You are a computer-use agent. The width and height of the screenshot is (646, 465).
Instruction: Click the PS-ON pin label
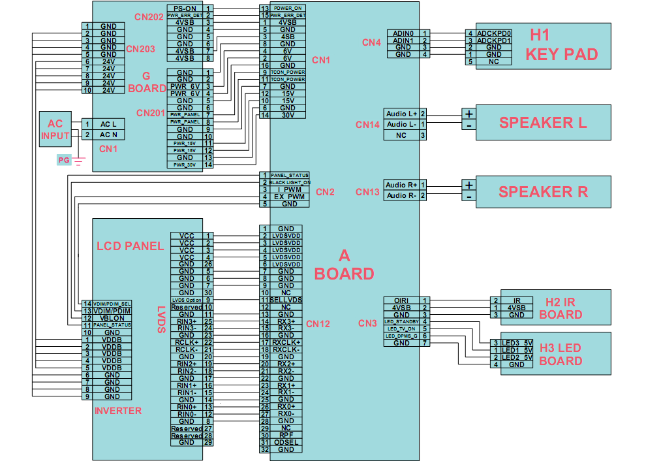(x=185, y=7)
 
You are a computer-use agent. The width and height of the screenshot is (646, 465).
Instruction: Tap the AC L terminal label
(x=108, y=123)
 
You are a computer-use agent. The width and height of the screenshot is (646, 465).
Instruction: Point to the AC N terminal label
(x=108, y=135)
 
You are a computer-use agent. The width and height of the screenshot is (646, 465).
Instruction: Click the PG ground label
(x=63, y=159)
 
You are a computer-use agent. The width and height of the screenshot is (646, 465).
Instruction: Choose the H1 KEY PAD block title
(x=562, y=44)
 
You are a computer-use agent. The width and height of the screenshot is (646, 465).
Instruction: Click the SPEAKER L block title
(x=543, y=122)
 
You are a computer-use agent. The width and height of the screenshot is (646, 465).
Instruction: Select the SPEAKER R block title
(x=543, y=191)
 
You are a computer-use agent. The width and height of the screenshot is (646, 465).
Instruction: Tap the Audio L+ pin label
(x=401, y=114)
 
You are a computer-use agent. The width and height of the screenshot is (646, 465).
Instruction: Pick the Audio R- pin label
(x=401, y=195)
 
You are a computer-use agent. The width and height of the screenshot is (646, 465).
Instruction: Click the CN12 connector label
(x=318, y=323)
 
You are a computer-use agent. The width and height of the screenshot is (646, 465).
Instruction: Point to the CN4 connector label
(x=371, y=43)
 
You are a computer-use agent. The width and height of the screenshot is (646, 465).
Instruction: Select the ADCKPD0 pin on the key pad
(x=494, y=33)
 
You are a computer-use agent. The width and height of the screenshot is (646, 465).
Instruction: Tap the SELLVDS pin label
(x=286, y=300)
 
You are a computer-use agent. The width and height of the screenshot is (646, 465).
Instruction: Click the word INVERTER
(x=118, y=411)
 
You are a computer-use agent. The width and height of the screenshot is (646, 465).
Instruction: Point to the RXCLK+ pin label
(x=286, y=342)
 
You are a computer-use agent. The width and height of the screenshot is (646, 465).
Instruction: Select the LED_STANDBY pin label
(x=401, y=321)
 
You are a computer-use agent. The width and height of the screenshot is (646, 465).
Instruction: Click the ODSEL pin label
(x=286, y=442)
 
